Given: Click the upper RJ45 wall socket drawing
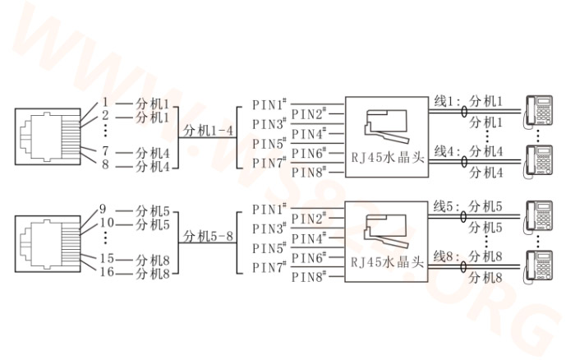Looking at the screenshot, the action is point(48,136).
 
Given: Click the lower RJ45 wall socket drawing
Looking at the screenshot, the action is point(48,244).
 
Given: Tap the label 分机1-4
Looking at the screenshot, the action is point(208,131).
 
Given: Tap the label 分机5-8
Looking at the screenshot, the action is point(208,237).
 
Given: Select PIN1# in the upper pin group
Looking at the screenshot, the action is point(269,104).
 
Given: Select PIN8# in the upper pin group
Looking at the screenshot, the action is point(309,172).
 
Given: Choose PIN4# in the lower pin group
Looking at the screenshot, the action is point(309,238).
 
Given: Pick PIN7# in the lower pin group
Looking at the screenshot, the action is point(269,267).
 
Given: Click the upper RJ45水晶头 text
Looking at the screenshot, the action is point(387,158).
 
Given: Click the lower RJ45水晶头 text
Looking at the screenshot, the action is point(387,262).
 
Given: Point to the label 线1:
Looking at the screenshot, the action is point(447,101).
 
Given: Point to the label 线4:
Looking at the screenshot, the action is point(447,151).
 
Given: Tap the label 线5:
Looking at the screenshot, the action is point(446,206).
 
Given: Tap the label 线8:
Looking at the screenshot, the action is point(446,256).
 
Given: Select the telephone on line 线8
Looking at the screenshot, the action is point(538,267).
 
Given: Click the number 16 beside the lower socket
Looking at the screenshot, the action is point(107,272).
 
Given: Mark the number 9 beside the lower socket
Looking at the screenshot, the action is point(103,209).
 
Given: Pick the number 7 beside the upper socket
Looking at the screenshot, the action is point(105,150).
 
